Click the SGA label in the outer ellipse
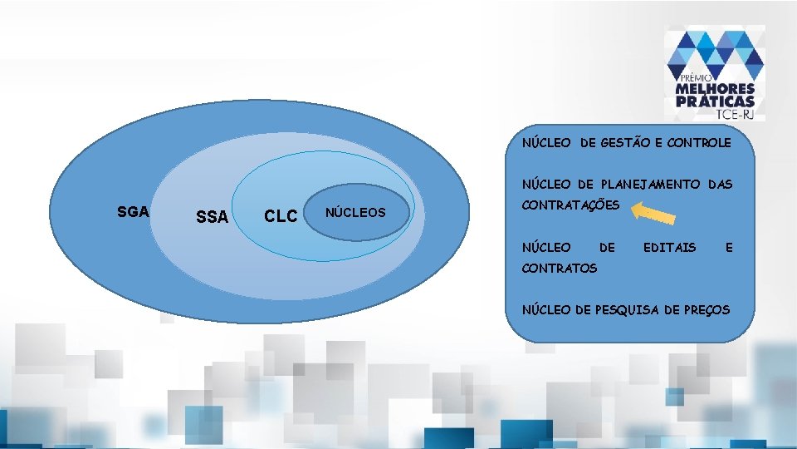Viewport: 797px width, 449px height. [133, 211]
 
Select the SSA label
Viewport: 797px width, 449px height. [212, 217]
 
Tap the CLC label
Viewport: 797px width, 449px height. [280, 216]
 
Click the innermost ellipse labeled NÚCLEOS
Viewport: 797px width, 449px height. [355, 213]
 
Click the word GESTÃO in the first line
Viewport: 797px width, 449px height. [625, 143]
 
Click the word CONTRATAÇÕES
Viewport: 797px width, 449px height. [570, 205]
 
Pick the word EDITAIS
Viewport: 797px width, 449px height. [669, 247]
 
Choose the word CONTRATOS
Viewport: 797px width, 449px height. [559, 268]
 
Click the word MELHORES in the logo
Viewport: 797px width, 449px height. [715, 89]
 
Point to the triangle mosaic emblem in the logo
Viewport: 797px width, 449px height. [715, 52]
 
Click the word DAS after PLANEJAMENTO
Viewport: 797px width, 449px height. [721, 185]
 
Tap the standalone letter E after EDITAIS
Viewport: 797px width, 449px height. [729, 247]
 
